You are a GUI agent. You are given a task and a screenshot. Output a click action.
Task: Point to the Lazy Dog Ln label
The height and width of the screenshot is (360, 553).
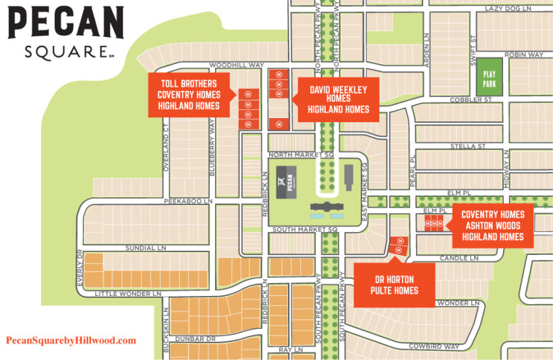tap(508, 8)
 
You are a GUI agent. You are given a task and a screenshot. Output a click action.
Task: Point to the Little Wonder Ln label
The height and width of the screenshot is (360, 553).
tap(127, 294)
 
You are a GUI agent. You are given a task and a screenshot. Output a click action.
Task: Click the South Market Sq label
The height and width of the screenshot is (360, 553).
tap(304, 230)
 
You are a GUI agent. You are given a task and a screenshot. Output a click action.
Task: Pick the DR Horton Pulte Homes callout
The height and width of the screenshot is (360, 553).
tap(394, 285)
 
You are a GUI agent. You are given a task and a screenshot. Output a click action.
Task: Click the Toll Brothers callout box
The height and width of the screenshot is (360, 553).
tap(189, 95)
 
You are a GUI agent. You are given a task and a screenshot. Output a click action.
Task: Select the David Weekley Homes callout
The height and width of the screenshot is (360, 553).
tap(339, 99)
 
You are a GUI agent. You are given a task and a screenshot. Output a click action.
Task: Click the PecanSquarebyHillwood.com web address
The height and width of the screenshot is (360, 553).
tap(71, 341)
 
